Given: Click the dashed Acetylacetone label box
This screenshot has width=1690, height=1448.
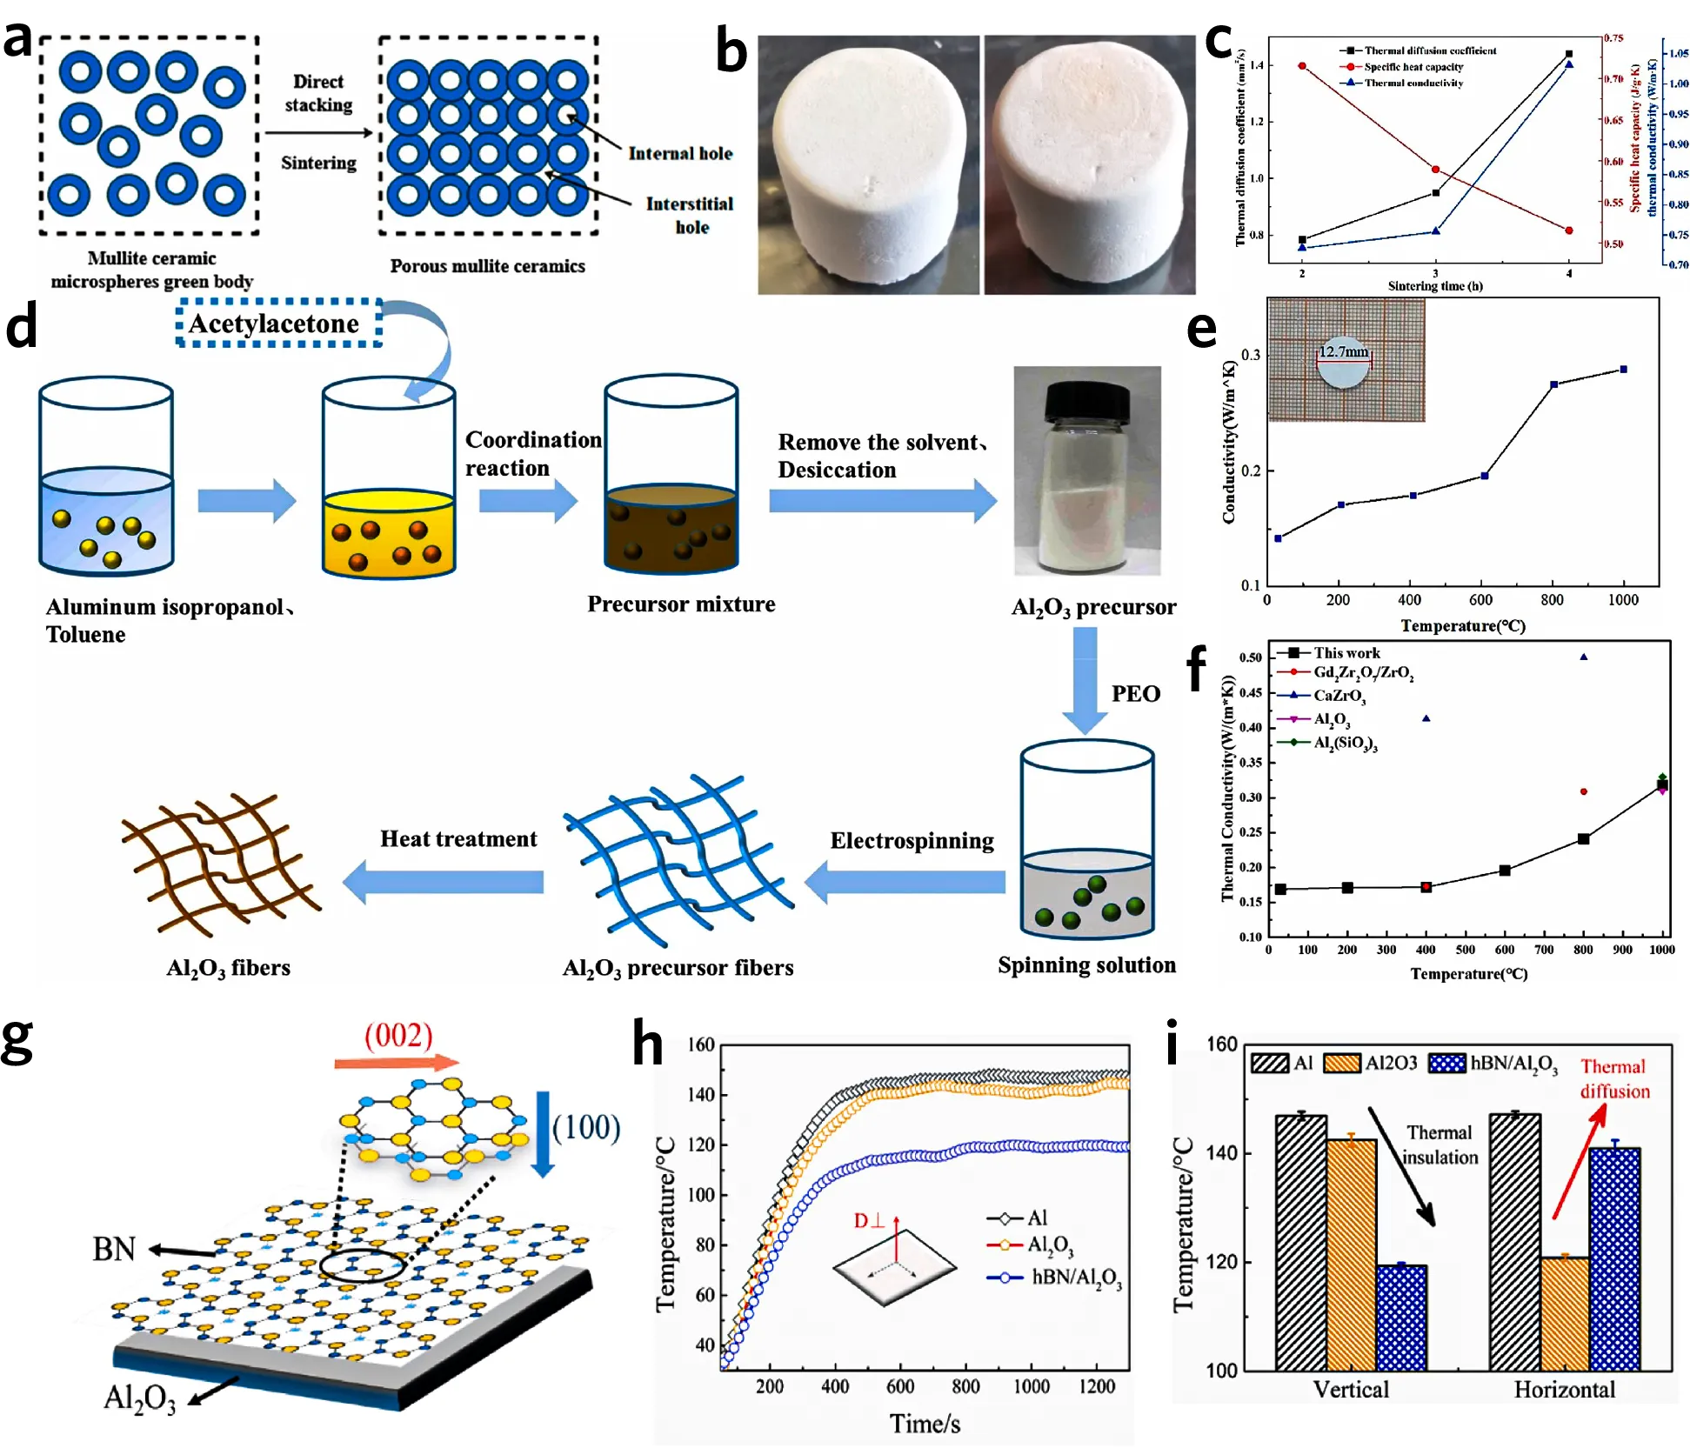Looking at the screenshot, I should (x=278, y=324).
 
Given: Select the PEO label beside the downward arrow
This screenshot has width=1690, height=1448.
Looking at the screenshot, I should (x=1135, y=693).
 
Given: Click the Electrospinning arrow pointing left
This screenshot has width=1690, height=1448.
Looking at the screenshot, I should (x=905, y=882).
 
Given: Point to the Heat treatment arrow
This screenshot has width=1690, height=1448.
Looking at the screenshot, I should (x=444, y=882).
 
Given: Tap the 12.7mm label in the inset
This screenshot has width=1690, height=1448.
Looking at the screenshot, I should (x=1343, y=351).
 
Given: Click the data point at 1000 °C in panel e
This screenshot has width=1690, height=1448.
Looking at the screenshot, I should (x=1623, y=370).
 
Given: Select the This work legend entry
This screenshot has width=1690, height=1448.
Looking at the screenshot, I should (x=1346, y=652).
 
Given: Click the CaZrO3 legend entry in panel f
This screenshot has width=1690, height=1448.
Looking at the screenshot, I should (x=1338, y=696).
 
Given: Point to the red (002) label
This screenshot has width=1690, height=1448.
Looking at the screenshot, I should (x=398, y=1035).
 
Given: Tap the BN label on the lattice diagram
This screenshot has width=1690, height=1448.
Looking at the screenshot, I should (x=114, y=1249).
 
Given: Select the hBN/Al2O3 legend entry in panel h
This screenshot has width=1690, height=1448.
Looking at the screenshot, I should (x=1075, y=1278).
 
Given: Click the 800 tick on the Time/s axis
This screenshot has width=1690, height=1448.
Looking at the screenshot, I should (x=965, y=1385).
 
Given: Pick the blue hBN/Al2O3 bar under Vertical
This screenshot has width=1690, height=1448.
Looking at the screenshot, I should (x=1401, y=1318).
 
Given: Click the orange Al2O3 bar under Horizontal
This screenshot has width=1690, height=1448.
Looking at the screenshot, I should (x=1565, y=1313).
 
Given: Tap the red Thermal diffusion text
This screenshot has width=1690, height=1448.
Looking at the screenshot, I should (x=1614, y=1078).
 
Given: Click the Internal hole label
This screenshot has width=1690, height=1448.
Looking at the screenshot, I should (x=680, y=153).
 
